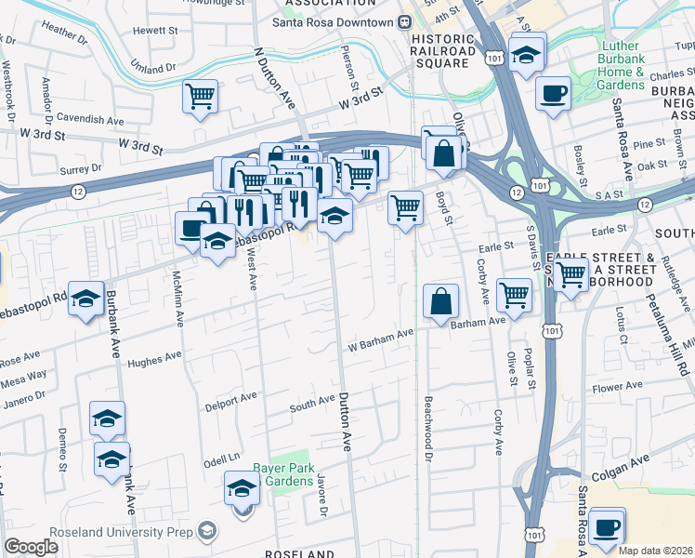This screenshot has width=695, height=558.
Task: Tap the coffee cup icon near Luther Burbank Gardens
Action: click(554, 93)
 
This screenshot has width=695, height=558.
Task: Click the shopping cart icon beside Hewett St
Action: click(201, 96)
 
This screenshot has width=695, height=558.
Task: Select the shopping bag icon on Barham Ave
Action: click(440, 301)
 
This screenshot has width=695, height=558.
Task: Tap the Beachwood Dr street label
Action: click(428, 429)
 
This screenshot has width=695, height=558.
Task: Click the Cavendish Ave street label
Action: click(90, 120)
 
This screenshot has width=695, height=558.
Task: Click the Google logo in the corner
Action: click(32, 547)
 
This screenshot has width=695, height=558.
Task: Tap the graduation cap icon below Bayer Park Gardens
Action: click(242, 487)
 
